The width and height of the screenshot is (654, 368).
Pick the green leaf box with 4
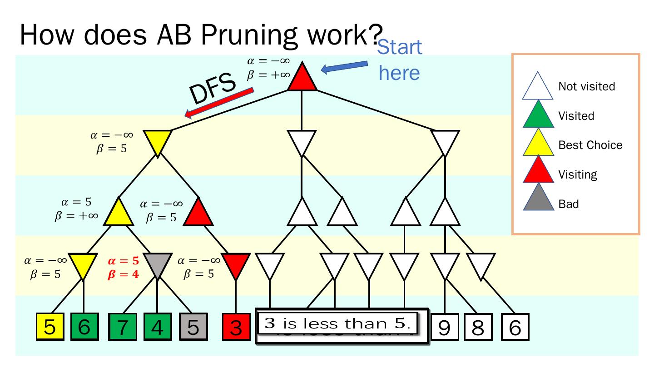157,327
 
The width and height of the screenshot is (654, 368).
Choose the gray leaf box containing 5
193,327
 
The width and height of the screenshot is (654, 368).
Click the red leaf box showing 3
236,327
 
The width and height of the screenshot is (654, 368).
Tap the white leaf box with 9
445,327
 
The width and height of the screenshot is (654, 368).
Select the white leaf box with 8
478,327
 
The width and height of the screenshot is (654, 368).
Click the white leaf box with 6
515,327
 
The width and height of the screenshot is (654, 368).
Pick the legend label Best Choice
590,145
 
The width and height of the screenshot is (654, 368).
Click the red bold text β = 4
123,274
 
